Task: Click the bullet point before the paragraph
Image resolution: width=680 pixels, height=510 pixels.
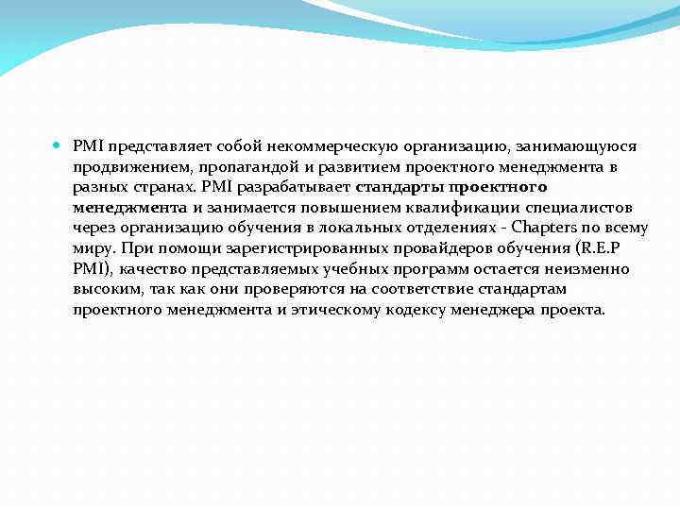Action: pyautogui.click(x=58, y=146)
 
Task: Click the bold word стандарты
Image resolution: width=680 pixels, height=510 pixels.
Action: pyautogui.click(x=398, y=187)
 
